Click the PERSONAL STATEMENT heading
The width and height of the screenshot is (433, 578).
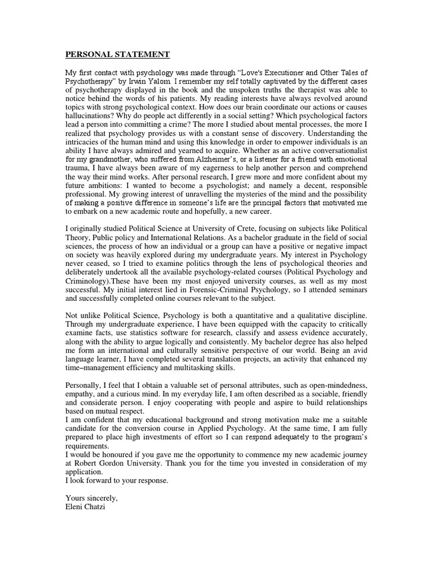coord(117,55)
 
